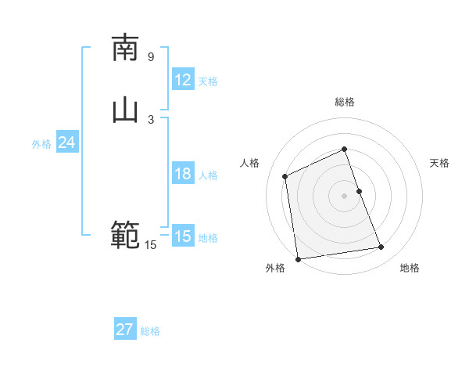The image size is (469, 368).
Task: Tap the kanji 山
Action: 125,110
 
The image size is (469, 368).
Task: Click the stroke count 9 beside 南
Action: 151,56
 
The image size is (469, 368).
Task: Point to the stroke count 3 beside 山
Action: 151,119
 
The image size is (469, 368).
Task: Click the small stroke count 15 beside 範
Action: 150,245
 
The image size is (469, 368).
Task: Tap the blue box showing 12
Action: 182,79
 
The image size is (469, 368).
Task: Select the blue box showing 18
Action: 182,174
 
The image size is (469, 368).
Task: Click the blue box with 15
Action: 182,236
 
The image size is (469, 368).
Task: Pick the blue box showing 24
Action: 67,143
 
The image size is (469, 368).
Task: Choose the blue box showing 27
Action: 125,330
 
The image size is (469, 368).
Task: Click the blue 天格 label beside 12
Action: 208,81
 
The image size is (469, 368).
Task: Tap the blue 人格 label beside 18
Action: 208,175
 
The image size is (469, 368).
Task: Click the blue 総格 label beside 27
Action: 150,331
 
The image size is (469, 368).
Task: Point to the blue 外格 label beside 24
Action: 41,144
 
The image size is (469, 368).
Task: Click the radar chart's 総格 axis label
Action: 345,102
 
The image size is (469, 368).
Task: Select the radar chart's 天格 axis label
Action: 440,163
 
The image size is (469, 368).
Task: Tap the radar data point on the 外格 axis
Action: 298,259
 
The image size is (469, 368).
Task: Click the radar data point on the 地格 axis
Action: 381,247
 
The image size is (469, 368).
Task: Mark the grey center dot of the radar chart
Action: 345,196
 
